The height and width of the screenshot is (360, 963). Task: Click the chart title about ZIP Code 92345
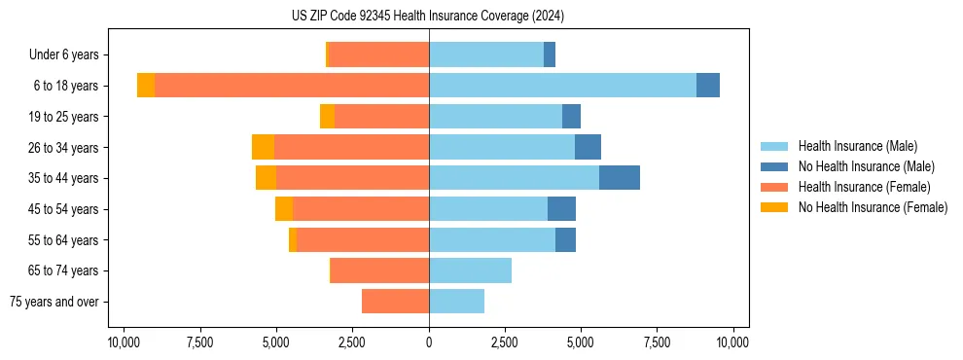[428, 17]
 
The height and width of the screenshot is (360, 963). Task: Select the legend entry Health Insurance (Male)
[857, 146]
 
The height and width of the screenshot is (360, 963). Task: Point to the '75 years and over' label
[54, 302]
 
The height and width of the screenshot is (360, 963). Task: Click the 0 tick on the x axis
[429, 342]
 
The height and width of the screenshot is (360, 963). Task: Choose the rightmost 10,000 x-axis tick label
[732, 342]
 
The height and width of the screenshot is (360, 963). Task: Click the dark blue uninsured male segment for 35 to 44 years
[620, 178]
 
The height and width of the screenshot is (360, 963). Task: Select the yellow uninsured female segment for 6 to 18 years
[146, 86]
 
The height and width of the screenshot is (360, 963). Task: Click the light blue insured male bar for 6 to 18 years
[562, 86]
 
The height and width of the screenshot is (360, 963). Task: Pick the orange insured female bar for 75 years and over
[395, 302]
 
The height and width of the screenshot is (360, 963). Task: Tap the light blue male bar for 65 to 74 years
[470, 270]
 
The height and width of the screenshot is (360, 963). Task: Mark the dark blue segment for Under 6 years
[550, 55]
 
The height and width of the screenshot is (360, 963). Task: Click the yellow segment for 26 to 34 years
[263, 147]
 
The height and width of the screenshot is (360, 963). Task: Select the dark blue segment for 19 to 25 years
[571, 117]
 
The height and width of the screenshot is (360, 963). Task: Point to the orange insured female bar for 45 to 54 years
[361, 209]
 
